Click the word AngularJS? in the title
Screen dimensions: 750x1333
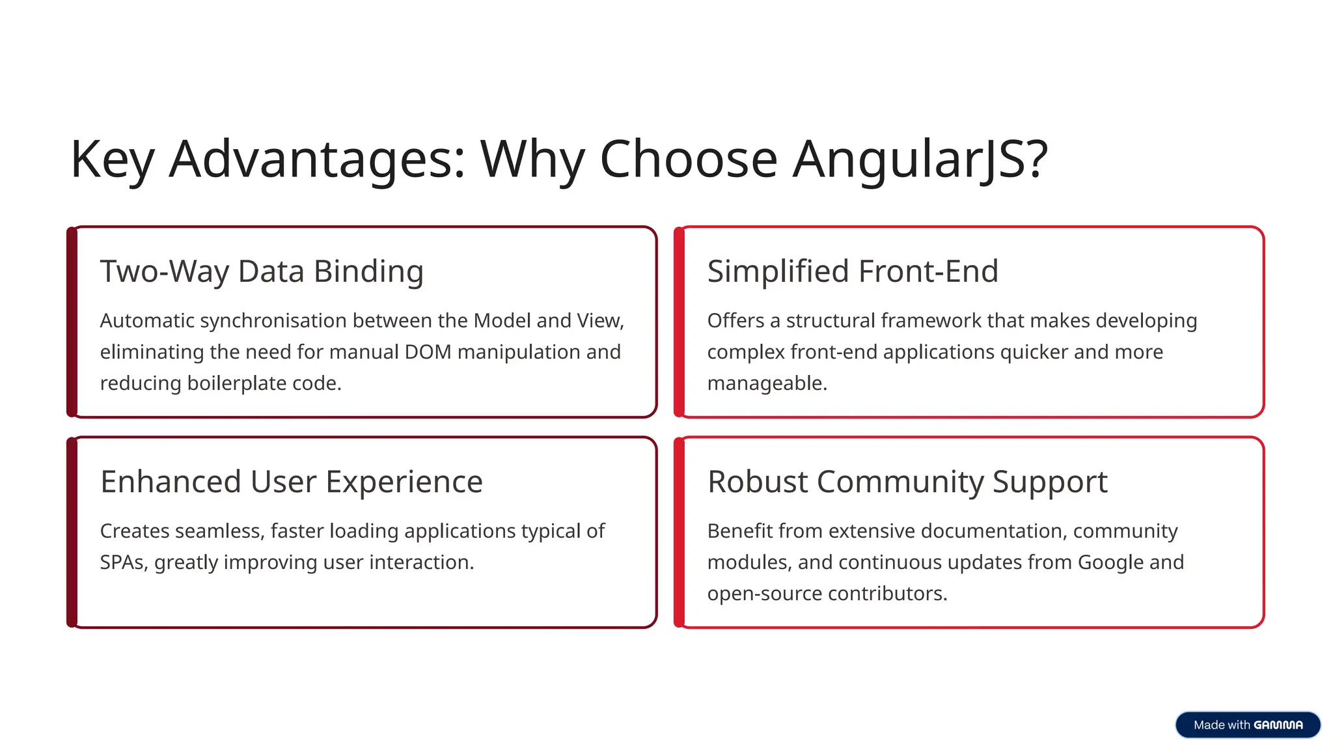920,160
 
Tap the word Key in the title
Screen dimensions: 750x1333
112,160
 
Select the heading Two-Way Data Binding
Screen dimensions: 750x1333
262,271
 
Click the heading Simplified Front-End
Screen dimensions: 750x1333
852,271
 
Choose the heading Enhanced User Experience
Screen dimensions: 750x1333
291,482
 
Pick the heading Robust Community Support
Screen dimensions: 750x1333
907,482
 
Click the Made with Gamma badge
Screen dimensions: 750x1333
1247,725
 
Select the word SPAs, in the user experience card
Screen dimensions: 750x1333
124,562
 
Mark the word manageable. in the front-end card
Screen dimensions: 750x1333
767,383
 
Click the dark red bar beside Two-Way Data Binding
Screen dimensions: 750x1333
72,322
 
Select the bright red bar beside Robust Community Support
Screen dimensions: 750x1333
679,532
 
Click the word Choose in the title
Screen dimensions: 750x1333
688,160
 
